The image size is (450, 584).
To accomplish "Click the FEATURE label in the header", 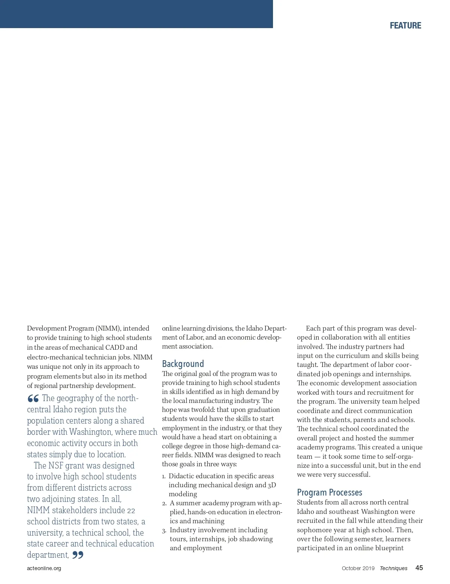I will (405, 25).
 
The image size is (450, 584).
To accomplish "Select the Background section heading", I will (183, 364).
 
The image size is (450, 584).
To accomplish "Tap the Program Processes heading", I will (329, 492).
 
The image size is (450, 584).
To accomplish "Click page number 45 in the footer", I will (419, 568).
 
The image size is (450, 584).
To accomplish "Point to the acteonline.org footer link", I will (44, 568).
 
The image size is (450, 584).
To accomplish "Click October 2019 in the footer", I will (358, 568).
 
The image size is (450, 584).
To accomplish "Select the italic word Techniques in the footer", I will (393, 568).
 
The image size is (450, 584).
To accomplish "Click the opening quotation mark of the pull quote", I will (33, 398).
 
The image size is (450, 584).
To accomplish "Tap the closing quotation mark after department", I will (78, 555).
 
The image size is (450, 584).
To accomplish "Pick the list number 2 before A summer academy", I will (164, 503).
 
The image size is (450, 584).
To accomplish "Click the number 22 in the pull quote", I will (131, 511).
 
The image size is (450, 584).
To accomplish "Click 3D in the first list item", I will (271, 485).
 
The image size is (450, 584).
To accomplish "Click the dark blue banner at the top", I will (136, 14).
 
